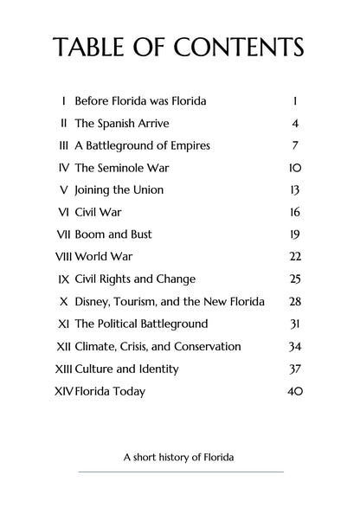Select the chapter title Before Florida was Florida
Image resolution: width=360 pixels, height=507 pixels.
[x=141, y=100]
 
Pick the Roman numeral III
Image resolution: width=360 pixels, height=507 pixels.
[x=63, y=145]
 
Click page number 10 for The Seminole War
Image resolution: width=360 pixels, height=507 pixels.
[x=295, y=167]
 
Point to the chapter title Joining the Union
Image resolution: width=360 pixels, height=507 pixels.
[x=119, y=189]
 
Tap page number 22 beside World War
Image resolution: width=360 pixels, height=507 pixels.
[x=295, y=256]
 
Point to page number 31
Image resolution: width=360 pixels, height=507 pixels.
[x=295, y=324]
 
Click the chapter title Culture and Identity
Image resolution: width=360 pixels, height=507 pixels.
[x=126, y=369]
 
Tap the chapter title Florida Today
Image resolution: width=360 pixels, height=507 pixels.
[x=110, y=391]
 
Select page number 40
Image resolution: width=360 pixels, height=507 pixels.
[x=294, y=391]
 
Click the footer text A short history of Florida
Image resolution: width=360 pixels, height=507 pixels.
[x=179, y=456]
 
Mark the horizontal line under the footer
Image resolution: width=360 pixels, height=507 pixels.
[x=180, y=472]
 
